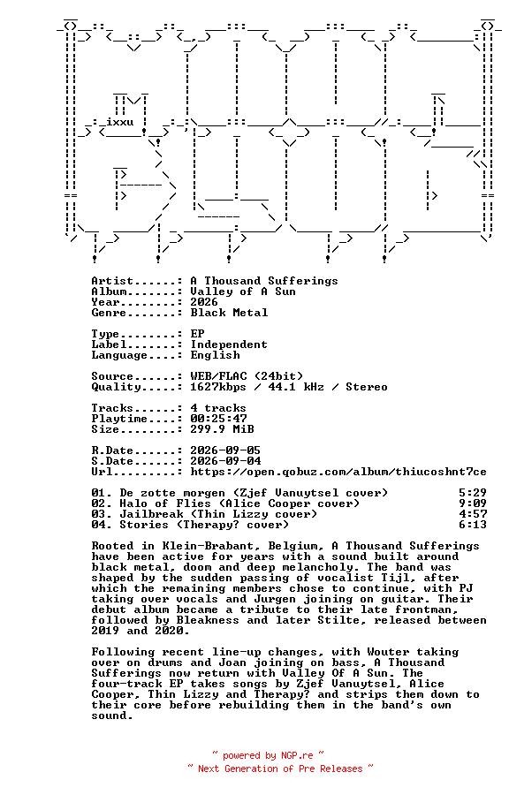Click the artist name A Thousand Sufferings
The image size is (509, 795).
pos(263,281)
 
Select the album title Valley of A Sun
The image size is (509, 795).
pos(243,291)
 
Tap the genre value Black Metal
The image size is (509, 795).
pos(229,313)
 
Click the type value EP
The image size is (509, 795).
pos(197,334)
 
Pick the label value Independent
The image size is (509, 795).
pos(229,344)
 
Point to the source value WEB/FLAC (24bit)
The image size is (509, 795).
pos(247,376)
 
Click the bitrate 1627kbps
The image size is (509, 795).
pos(218,387)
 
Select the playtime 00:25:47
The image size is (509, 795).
pos(218,419)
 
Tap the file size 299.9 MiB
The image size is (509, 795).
pos(222,429)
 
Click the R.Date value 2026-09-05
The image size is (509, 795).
pos(225,450)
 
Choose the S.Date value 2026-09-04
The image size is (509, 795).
pos(225,461)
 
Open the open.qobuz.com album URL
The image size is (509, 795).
pos(338,472)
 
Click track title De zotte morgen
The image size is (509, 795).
pos(171,493)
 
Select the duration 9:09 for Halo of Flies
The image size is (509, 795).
pos(473,503)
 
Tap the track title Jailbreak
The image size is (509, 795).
pos(151,514)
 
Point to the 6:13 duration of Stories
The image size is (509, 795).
pos(473,525)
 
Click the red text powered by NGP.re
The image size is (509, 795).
pos(268,756)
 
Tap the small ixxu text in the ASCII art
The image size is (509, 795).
pos(119,122)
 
